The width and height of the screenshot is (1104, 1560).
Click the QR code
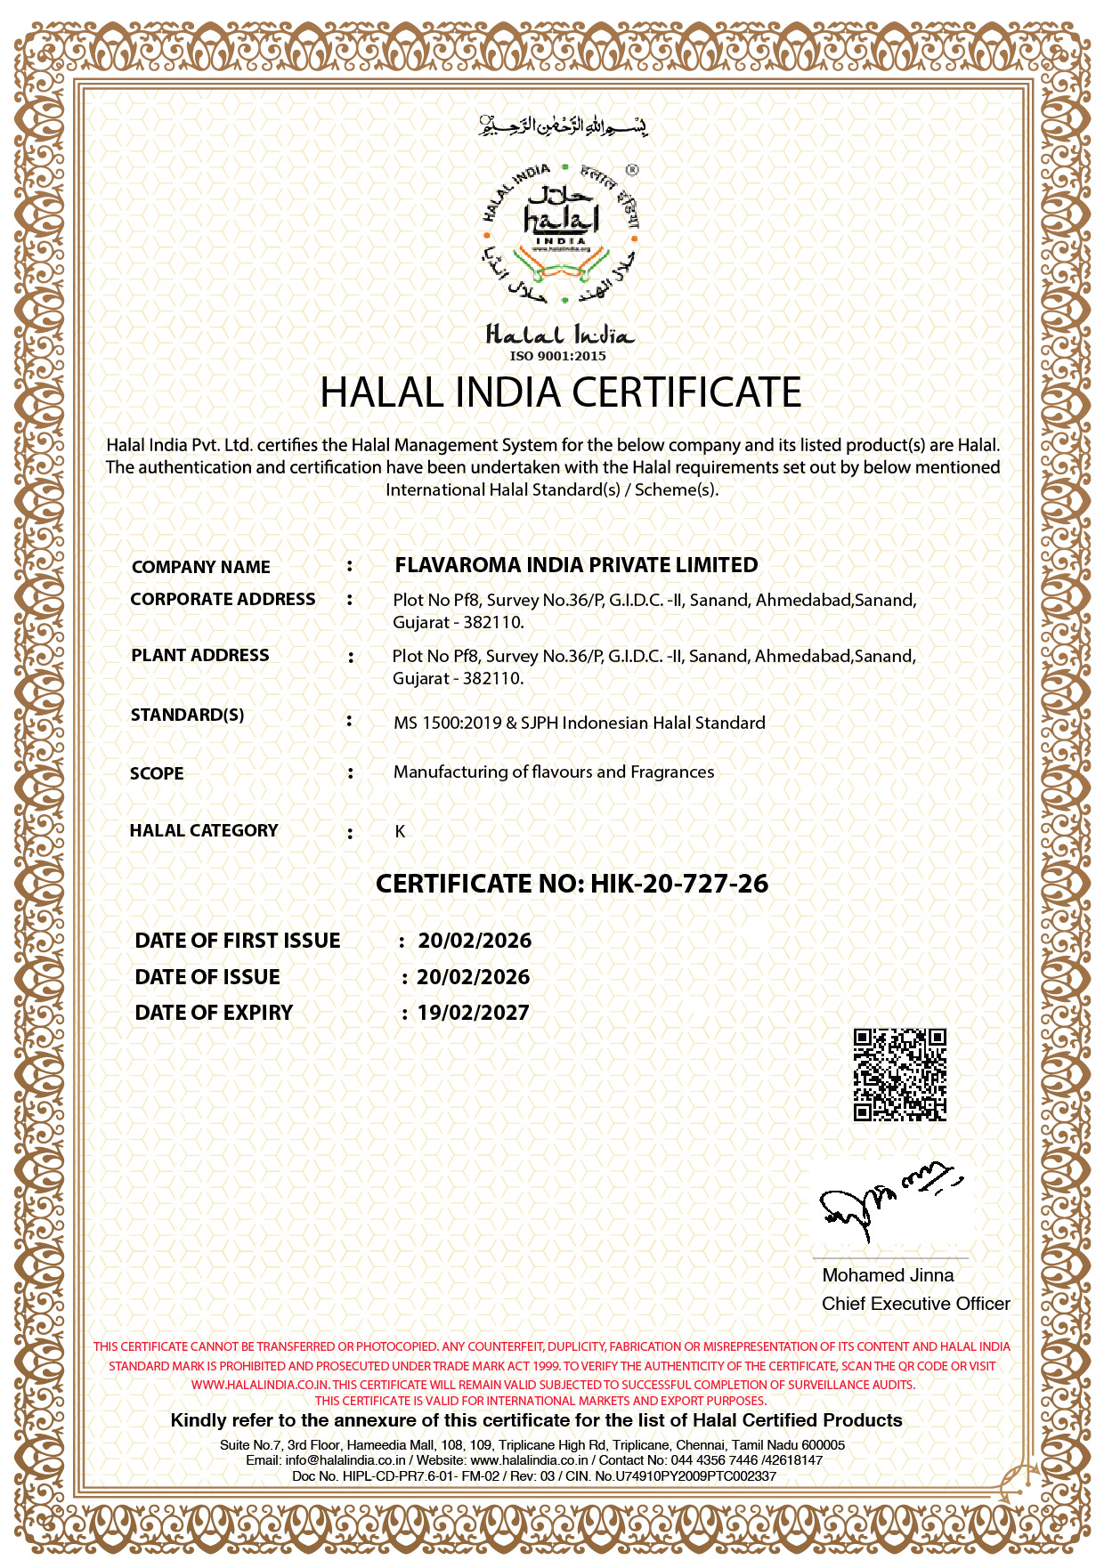pos(899,1074)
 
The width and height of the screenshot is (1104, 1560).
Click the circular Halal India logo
pos(561,232)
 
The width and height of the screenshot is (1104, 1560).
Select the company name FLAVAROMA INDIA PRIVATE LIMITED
pos(576,565)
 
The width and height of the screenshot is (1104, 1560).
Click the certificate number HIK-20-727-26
pos(679,884)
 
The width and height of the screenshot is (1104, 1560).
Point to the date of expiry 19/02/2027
pos(473,1013)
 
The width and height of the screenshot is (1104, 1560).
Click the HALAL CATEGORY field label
pos(204,830)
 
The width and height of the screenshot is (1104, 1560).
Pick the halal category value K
pos(400,831)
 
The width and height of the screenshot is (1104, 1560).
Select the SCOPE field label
pos(157,773)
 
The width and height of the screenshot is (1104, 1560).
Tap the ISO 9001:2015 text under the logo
pos(557,356)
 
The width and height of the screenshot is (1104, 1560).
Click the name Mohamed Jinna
pos(888,1275)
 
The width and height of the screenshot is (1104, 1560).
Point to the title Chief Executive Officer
pos(915,1304)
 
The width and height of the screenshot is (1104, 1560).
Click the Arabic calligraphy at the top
pos(563,125)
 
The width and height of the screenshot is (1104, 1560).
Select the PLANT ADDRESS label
pos(199,655)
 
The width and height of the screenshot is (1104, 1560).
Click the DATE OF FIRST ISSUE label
pos(238,941)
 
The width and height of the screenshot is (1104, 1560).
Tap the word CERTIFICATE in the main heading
pos(686,392)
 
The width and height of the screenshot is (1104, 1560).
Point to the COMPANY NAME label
pos(200,567)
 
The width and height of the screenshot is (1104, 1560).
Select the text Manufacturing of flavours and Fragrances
pos(554,772)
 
